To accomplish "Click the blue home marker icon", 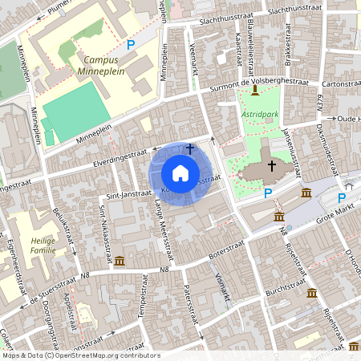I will click(180, 173).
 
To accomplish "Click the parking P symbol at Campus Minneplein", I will click(130, 46).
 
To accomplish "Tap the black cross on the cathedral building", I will click(272, 166).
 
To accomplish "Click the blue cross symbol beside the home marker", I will click(190, 148).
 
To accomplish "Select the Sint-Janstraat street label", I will click(125, 193).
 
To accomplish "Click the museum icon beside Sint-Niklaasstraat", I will click(120, 262).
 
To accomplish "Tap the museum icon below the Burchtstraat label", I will click(311, 293).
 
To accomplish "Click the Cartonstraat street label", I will click(339, 82).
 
